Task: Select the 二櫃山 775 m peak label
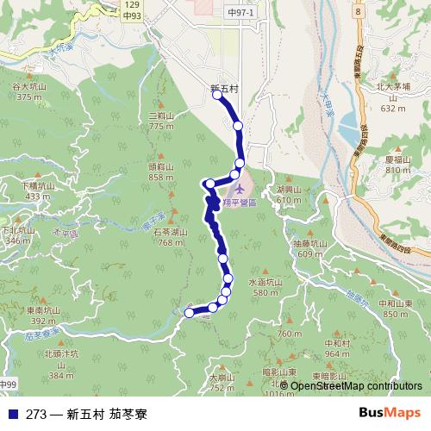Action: (161, 121)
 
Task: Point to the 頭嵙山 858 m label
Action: (161, 172)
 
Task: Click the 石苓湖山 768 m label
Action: (170, 237)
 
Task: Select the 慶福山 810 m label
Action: (397, 165)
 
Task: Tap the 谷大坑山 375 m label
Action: (28, 91)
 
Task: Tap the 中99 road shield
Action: (8, 384)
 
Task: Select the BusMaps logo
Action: (389, 413)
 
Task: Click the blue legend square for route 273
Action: (9, 413)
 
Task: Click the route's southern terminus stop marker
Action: (190, 314)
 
